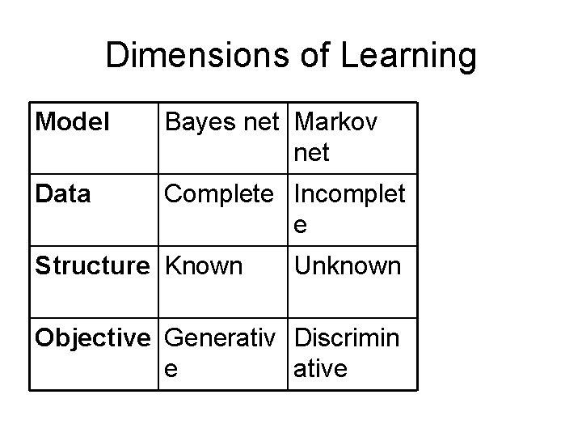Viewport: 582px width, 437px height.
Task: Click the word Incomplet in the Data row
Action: (x=350, y=194)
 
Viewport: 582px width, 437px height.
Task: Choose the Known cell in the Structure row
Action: (x=204, y=265)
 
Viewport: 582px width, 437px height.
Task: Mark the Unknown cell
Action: (x=348, y=265)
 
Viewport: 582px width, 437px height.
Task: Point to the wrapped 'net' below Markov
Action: (x=313, y=152)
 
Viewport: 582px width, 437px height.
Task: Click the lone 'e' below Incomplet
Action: (x=300, y=226)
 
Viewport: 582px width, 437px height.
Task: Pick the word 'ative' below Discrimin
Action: (x=321, y=369)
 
